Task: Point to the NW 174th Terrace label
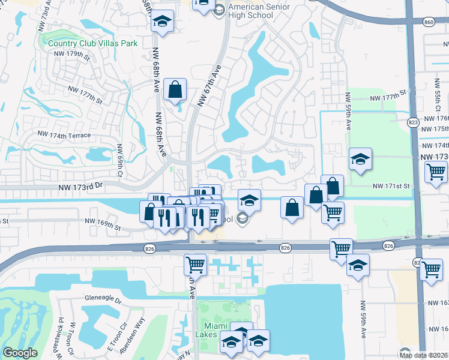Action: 64,136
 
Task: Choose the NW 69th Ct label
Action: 121,155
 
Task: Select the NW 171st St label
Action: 390,187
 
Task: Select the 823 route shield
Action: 414,122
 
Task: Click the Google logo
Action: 20,353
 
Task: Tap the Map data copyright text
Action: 423,355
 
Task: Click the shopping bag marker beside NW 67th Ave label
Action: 175,91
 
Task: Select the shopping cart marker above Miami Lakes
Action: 195,263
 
